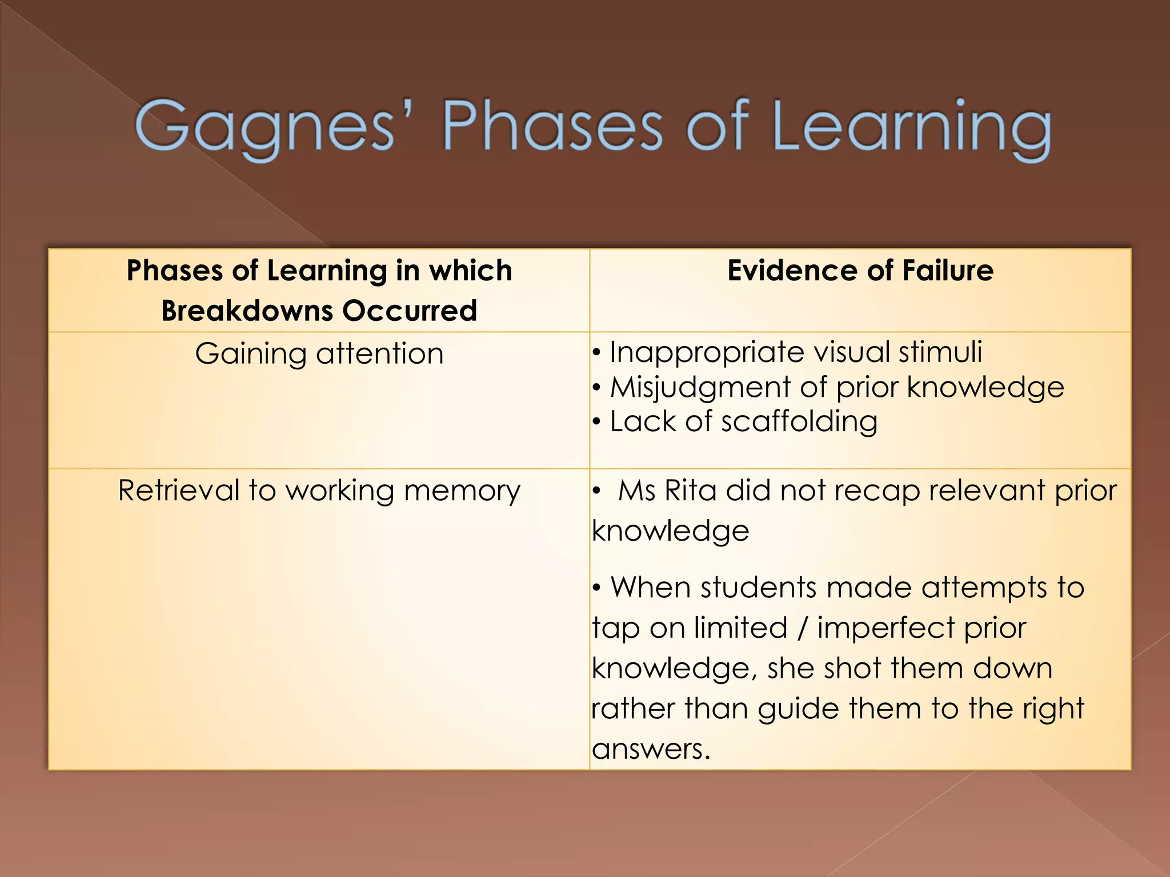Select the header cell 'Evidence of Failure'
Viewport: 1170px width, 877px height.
pos(860,271)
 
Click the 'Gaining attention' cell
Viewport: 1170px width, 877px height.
pos(319,353)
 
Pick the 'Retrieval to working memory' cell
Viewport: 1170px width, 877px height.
pos(319,490)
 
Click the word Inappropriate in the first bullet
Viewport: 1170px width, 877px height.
pos(702,352)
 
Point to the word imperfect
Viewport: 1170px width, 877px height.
pos(885,628)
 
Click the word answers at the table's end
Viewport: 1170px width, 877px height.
pos(650,749)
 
